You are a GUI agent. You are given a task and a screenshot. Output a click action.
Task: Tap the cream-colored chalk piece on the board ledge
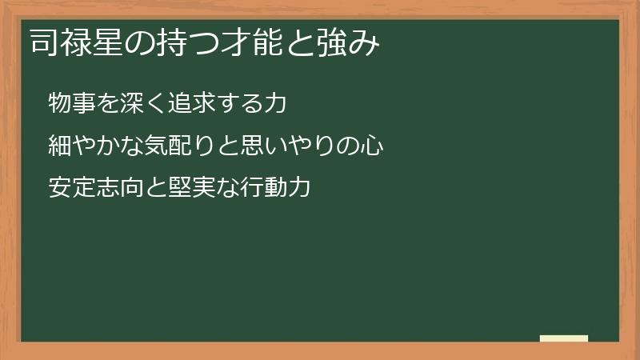tap(564, 338)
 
